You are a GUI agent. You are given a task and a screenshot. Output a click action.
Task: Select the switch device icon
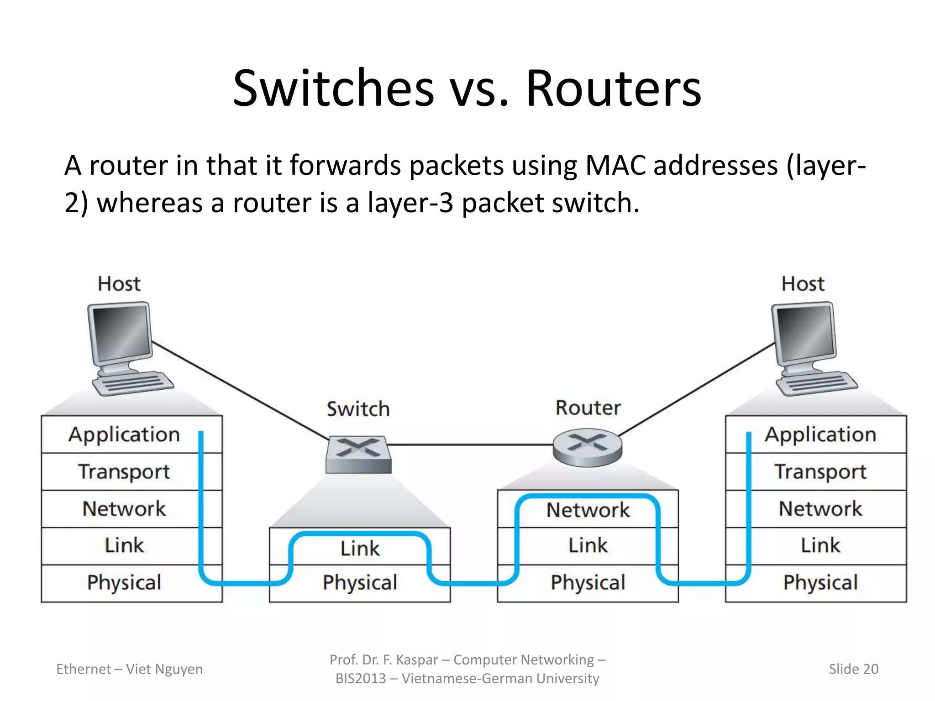pyautogui.click(x=359, y=454)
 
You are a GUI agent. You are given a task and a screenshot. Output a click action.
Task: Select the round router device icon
pyautogui.click(x=587, y=447)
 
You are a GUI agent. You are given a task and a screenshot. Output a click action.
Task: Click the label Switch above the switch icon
pyautogui.click(x=358, y=409)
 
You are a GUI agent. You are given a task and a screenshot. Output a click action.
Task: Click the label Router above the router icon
pyautogui.click(x=588, y=408)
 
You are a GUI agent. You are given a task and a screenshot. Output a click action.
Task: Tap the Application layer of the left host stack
pyautogui.click(x=124, y=434)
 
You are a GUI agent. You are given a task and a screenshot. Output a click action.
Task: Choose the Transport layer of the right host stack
pyautogui.click(x=820, y=472)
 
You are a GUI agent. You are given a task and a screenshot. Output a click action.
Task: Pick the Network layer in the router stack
pyautogui.click(x=588, y=510)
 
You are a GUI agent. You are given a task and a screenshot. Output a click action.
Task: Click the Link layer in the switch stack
pyautogui.click(x=360, y=548)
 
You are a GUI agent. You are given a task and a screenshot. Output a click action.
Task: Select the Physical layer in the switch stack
pyautogui.click(x=360, y=583)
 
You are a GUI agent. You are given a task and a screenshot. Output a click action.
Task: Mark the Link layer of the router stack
pyautogui.click(x=588, y=545)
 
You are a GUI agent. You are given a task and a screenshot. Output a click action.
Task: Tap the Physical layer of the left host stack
pyautogui.click(x=124, y=583)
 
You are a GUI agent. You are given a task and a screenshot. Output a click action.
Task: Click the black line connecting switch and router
pyautogui.click(x=470, y=444)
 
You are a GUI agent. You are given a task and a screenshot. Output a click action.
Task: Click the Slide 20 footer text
pyautogui.click(x=853, y=669)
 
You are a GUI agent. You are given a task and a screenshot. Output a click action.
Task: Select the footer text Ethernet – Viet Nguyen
pyautogui.click(x=129, y=669)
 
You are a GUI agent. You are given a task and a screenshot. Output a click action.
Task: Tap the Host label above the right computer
pyautogui.click(x=803, y=284)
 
